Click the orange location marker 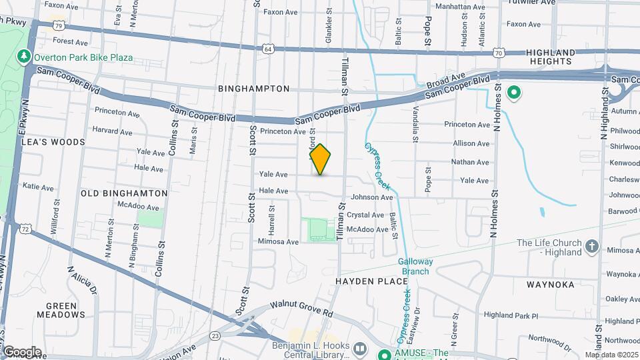[x=321, y=159]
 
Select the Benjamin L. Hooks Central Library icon [x=360, y=349]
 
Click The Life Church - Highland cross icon [x=591, y=247]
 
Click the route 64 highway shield [x=267, y=49]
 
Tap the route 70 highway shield [x=499, y=52]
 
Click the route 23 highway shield [x=215, y=335]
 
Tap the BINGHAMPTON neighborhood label [x=253, y=89]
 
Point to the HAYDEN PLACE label [x=372, y=281]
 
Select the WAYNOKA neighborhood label [x=551, y=285]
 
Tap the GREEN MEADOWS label [x=61, y=309]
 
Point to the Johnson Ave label [x=372, y=197]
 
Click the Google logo [x=22, y=351]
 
